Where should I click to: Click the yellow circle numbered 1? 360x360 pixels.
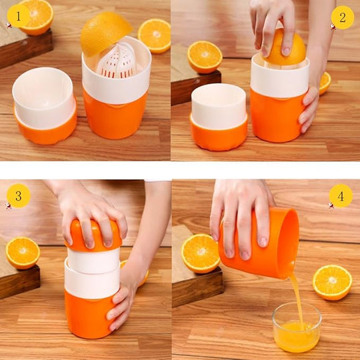click(18, 15)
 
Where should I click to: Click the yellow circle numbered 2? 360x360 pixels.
click(342, 17)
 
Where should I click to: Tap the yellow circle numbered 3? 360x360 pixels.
click(18, 195)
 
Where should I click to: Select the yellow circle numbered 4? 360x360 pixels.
click(341, 195)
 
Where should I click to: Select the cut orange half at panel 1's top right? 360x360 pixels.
click(154, 35)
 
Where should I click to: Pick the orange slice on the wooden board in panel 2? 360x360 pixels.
click(205, 57)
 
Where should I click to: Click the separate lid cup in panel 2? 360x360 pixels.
click(219, 115)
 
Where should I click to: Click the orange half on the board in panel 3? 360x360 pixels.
click(23, 253)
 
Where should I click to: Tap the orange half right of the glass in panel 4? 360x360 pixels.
click(332, 282)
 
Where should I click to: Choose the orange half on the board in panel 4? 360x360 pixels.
click(201, 253)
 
